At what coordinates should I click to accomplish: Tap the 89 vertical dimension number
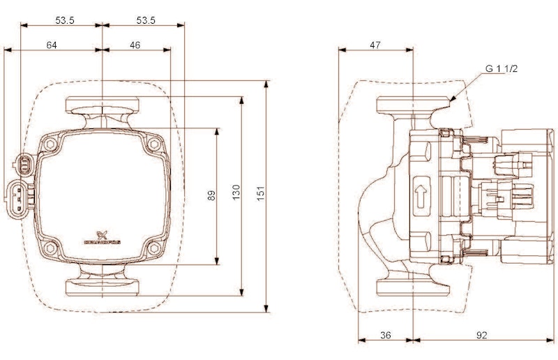(x=211, y=196)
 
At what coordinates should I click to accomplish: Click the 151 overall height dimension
(x=261, y=196)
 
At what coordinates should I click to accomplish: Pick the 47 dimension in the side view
(x=375, y=45)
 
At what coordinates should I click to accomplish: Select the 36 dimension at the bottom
(x=386, y=336)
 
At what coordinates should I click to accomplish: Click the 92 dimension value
(x=481, y=336)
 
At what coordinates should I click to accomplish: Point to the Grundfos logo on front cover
(x=103, y=237)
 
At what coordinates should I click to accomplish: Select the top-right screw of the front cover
(x=152, y=144)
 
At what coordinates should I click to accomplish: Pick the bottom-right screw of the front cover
(x=152, y=248)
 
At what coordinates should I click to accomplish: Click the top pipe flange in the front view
(x=103, y=107)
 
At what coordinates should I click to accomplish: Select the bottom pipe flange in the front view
(x=103, y=286)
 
